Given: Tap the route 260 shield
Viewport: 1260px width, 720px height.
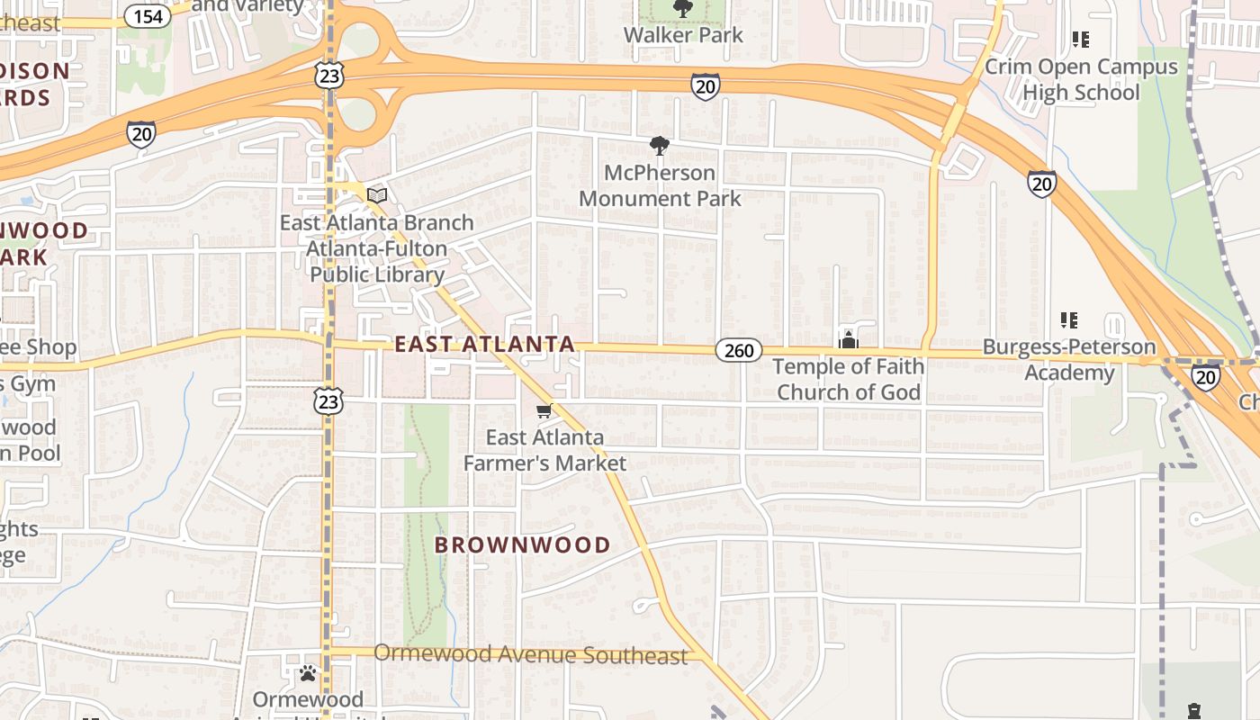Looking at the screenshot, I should coord(739,350).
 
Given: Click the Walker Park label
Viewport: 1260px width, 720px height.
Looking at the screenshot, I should coord(683,35).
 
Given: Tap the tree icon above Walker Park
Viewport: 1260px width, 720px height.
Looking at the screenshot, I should coord(683,9).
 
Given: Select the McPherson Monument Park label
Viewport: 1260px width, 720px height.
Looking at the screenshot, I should coord(660,185).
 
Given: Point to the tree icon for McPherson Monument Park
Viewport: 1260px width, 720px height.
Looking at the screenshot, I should coord(660,145).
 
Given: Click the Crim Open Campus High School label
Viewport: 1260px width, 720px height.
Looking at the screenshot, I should coord(1081,79).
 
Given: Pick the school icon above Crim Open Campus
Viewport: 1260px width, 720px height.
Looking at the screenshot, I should coord(1080,40).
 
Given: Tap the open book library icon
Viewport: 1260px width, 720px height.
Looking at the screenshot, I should coord(377,195).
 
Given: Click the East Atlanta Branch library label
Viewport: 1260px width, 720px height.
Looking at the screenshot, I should coord(377,248).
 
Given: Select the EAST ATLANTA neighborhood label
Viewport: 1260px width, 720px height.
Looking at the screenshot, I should coord(484,344).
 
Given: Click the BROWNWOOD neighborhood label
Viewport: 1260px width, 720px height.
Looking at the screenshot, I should coord(522,544).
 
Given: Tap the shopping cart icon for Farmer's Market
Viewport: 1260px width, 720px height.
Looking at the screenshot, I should coord(544,411).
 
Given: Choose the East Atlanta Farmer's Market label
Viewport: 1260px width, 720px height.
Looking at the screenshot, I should coord(544,450).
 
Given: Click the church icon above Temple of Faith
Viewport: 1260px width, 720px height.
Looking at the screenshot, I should coord(848,339).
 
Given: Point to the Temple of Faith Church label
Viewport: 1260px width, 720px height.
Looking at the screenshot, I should coord(849,379).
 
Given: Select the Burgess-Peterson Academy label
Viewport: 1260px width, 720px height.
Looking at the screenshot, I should coord(1069,359).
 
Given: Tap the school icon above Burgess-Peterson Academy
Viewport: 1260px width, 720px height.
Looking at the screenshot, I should coord(1069,319).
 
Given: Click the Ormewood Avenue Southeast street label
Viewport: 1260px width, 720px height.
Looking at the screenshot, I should coord(530,654).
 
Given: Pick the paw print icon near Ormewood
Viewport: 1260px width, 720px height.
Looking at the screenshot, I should coord(308,672).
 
